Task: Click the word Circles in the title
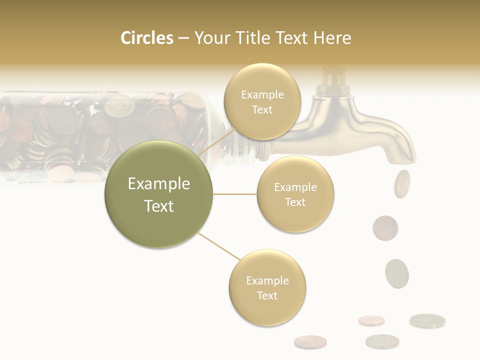147,38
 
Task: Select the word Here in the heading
332,38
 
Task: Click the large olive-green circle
158,194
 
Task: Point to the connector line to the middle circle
235,194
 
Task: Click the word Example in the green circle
158,183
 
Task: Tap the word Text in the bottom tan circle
267,295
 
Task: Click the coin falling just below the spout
401,183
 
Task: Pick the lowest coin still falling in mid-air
396,273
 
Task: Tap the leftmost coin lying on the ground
310,342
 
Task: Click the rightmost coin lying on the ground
427,320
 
